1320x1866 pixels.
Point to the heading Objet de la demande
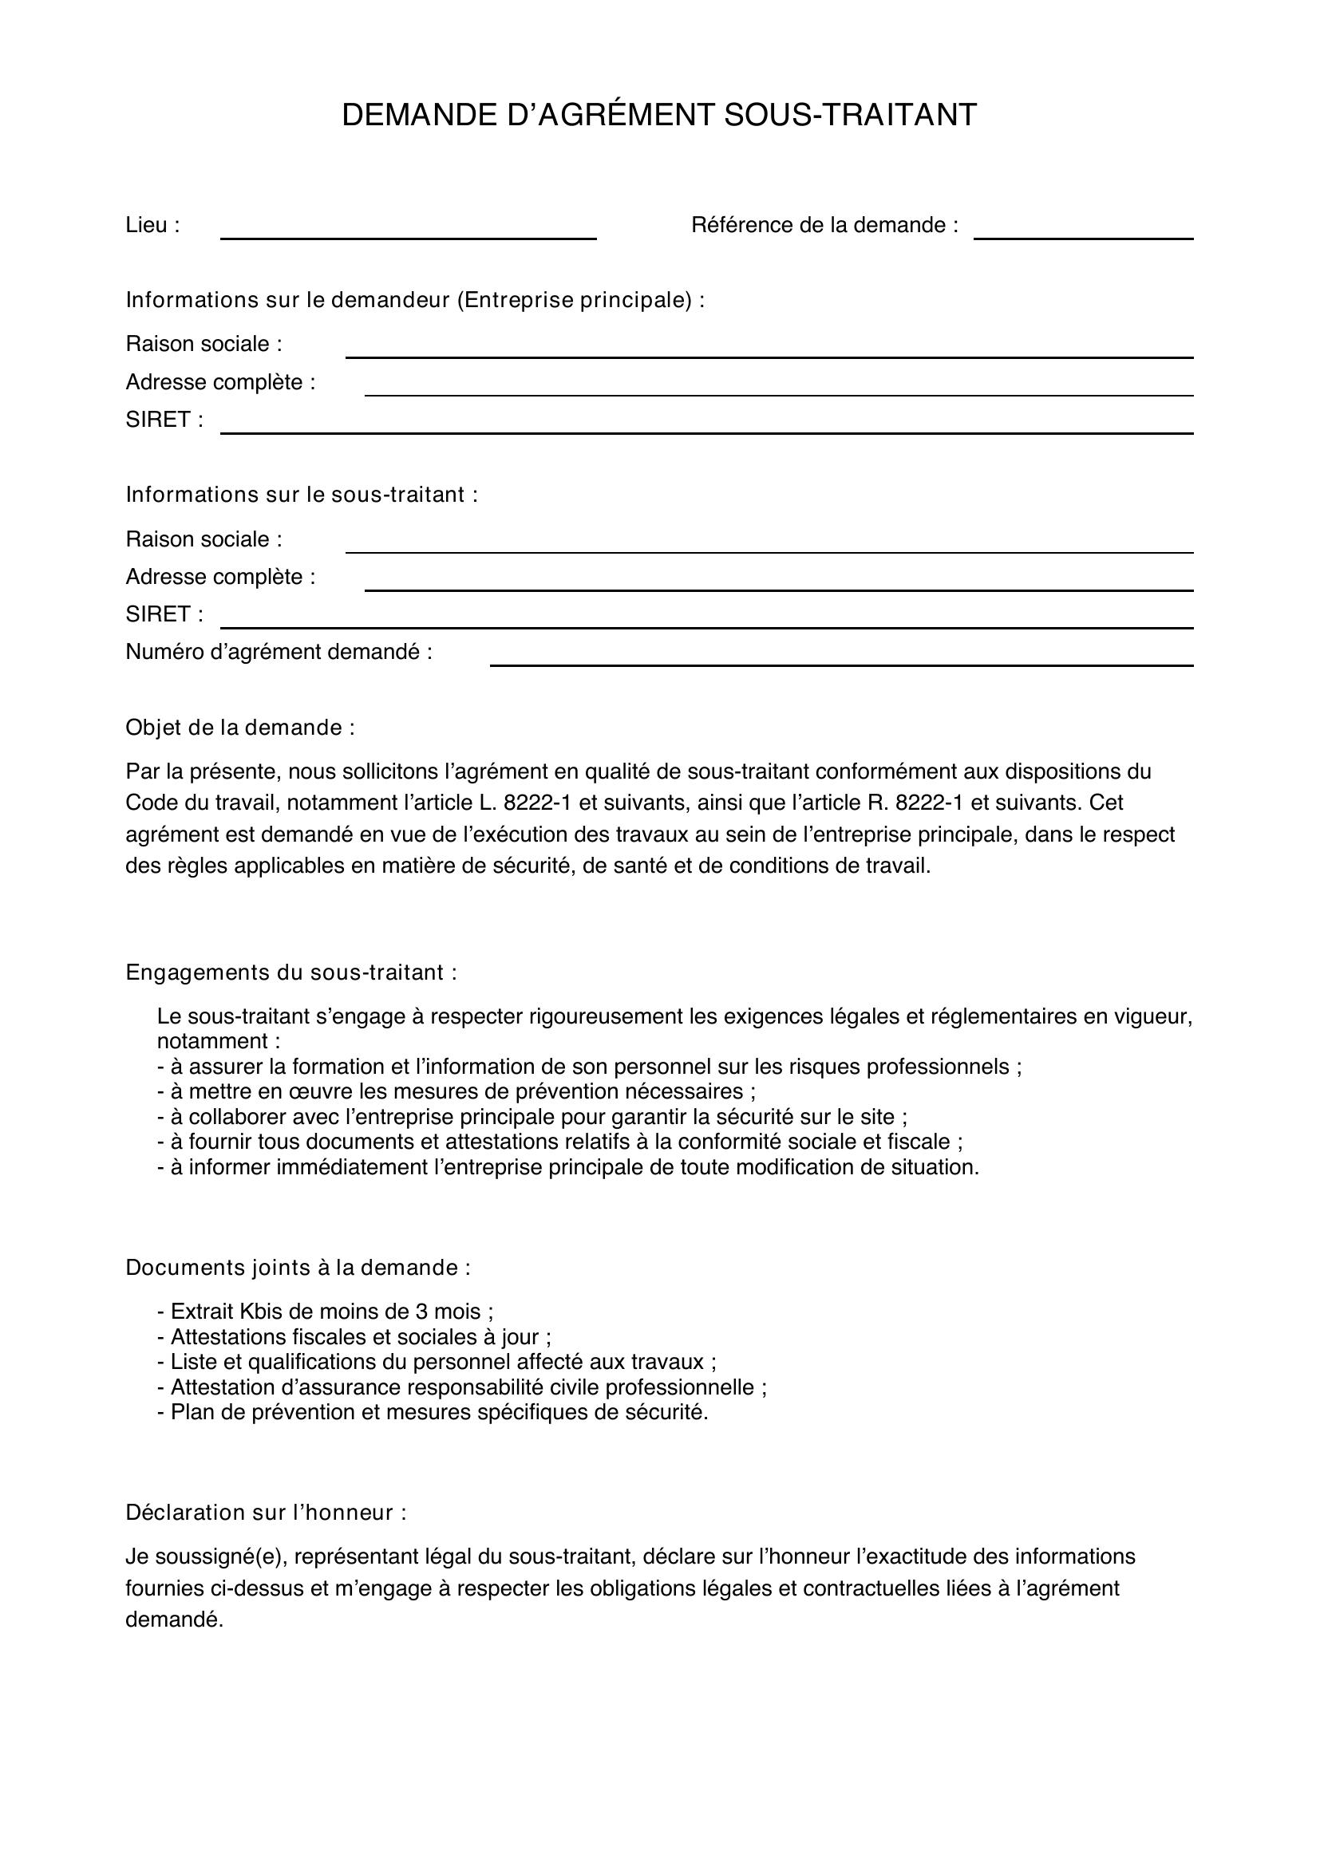pyautogui.click(x=239, y=728)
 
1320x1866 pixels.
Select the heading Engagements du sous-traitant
pyautogui.click(x=290, y=972)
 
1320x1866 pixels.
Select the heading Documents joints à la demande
pyautogui.click(x=298, y=1267)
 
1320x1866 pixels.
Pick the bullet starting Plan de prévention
pyautogui.click(x=433, y=1412)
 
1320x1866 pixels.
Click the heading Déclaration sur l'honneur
pyautogui.click(x=265, y=1512)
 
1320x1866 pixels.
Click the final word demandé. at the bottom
pyautogui.click(x=174, y=1619)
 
